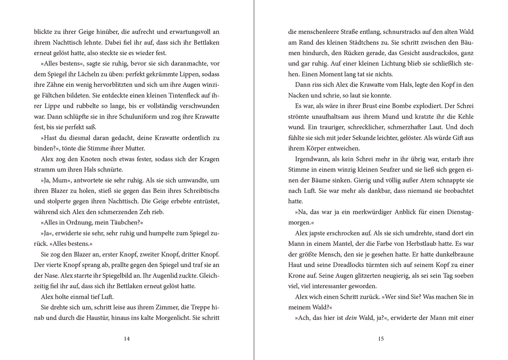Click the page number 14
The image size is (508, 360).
click(127, 339)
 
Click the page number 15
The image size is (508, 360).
click(381, 339)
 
